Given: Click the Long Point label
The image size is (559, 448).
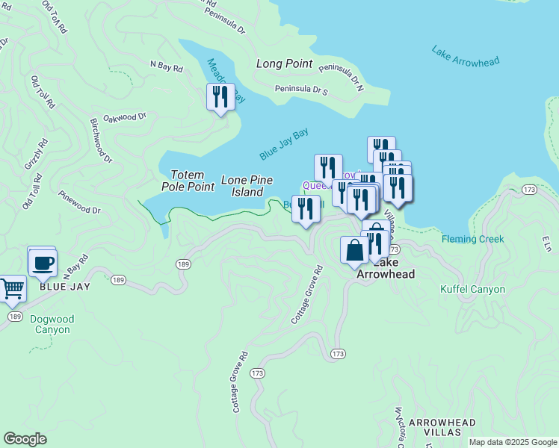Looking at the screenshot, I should [x=284, y=64].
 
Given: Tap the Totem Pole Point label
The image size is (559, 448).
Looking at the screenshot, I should [x=182, y=180].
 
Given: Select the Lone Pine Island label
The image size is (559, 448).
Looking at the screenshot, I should [x=247, y=186].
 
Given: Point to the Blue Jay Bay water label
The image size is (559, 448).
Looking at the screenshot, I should [x=284, y=144].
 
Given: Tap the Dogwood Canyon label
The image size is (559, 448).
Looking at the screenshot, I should [x=52, y=324].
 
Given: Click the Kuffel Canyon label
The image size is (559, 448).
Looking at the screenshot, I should [x=472, y=289].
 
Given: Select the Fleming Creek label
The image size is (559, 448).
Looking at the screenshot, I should [x=472, y=239].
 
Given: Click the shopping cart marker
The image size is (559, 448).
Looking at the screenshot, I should [x=12, y=288].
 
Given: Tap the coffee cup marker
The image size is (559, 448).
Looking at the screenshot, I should [x=43, y=263].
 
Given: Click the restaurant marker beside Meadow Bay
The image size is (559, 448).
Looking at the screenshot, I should [x=220, y=97].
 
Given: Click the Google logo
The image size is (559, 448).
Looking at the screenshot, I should [x=25, y=439].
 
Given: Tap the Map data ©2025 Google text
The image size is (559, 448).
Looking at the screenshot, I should [x=513, y=442].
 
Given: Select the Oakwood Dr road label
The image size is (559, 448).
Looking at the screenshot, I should [x=125, y=117].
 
